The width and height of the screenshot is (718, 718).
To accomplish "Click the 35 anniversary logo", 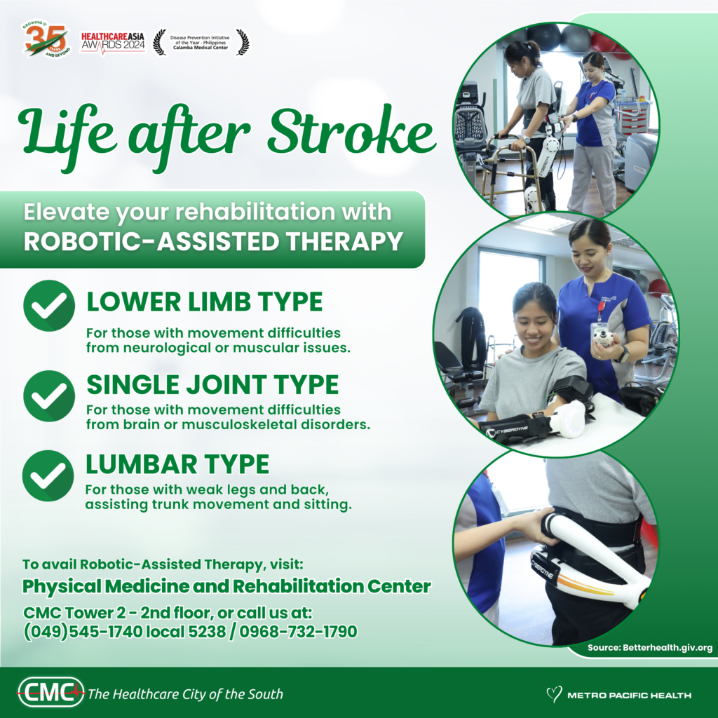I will point(47,40).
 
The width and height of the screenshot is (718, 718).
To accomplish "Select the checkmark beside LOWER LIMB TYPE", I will point(49,305).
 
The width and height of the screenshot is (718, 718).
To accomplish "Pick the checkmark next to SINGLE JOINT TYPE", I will point(49,395).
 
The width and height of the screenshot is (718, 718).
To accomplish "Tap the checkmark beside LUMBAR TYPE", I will point(48,475).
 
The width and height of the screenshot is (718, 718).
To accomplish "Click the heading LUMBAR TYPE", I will point(177,464).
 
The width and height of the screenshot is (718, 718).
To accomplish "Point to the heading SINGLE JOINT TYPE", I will point(212,384).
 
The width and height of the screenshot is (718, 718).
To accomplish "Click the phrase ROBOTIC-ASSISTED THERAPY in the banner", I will point(213,241).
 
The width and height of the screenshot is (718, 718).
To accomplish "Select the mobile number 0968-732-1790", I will point(299,632).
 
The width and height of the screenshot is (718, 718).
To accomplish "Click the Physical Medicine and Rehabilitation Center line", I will point(226,586).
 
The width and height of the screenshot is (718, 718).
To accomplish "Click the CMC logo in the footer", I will point(50,693).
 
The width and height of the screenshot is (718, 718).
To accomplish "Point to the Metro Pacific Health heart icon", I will point(554,694).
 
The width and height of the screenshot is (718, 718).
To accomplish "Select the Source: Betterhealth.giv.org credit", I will point(649,648).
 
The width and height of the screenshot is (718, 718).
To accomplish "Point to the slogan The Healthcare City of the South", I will point(185,694).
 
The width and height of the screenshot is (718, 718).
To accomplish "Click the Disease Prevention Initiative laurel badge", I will point(201,42).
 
